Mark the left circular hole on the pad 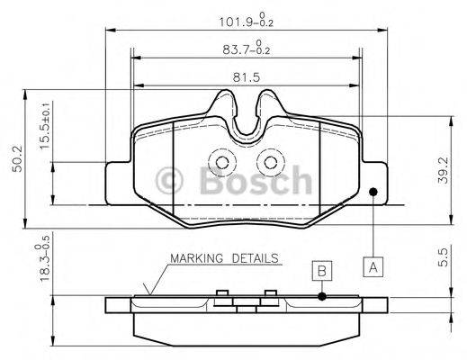click(x=220, y=161)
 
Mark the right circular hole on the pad click(x=268, y=161)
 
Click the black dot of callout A click(x=373, y=191)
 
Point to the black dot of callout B click(x=321, y=295)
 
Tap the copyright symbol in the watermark click(x=171, y=182)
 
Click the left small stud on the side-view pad click(x=220, y=292)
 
